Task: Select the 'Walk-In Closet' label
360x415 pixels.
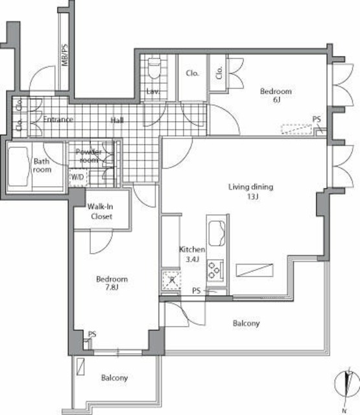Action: click(100, 211)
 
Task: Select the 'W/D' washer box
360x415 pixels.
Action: click(77, 176)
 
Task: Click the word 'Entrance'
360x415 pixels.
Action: click(58, 120)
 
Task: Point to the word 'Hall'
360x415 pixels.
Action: click(117, 120)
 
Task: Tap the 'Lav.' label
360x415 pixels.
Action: click(152, 91)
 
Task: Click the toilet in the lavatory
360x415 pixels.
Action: click(154, 67)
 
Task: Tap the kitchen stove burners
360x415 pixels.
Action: click(217, 267)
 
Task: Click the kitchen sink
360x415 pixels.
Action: click(217, 230)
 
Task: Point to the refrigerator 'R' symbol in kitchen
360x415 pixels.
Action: click(171, 280)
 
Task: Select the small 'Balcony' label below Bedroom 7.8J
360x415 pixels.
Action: click(114, 377)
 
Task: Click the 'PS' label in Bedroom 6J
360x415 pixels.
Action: click(317, 119)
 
